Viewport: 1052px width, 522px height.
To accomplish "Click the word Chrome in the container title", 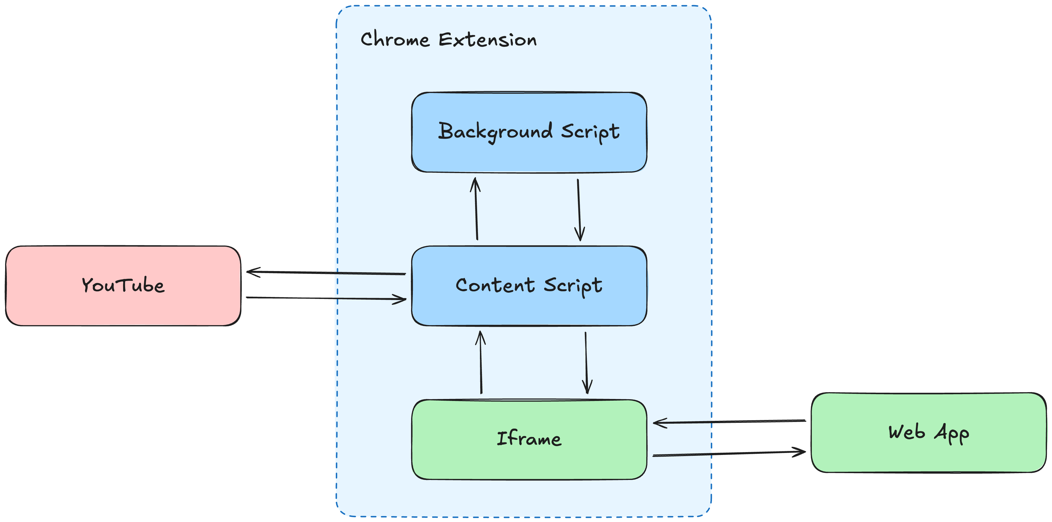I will [395, 39].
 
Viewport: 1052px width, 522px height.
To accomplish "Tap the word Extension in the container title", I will [487, 39].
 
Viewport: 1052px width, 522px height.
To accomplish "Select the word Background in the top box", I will [495, 131].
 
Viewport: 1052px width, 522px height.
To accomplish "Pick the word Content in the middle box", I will [494, 285].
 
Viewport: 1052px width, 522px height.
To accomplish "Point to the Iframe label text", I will [529, 439].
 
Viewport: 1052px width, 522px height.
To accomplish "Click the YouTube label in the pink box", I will [123, 285].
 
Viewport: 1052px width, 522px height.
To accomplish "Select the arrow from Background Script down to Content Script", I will [579, 210].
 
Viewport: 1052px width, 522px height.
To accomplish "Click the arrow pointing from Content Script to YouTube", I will [327, 273].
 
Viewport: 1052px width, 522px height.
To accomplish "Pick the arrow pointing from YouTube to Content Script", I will [327, 298].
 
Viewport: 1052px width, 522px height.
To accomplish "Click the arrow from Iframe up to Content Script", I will [481, 362].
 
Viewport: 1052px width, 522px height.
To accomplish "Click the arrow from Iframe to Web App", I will [729, 454].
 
